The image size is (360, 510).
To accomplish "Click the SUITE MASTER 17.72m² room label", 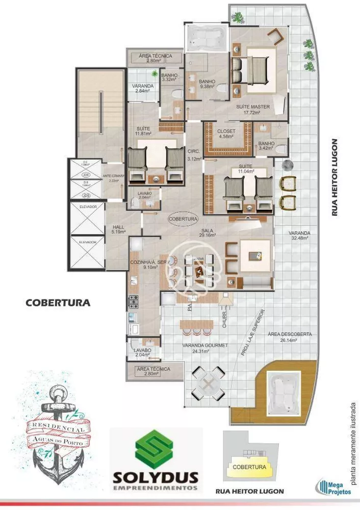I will click(253, 110).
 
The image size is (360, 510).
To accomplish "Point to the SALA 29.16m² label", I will click(207, 233).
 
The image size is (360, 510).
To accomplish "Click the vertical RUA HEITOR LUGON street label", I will click(335, 177).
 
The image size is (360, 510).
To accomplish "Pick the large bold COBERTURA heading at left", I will click(58, 302).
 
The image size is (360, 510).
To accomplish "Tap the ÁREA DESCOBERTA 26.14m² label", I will click(289, 337).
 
